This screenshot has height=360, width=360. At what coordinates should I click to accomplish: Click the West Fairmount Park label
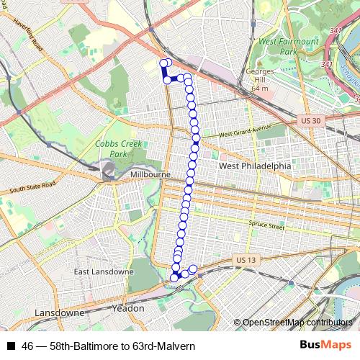[x=288, y=47]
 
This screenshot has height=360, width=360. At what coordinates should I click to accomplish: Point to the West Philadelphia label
[x=255, y=166]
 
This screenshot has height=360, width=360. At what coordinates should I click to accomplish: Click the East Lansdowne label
[x=104, y=272]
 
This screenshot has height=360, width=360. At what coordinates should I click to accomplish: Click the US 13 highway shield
[x=246, y=260]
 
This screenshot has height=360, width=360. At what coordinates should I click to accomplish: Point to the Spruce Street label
[x=266, y=226]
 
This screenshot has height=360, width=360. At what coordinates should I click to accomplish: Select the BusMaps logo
[x=325, y=346]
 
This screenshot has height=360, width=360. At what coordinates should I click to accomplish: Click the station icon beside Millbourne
[x=109, y=171]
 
